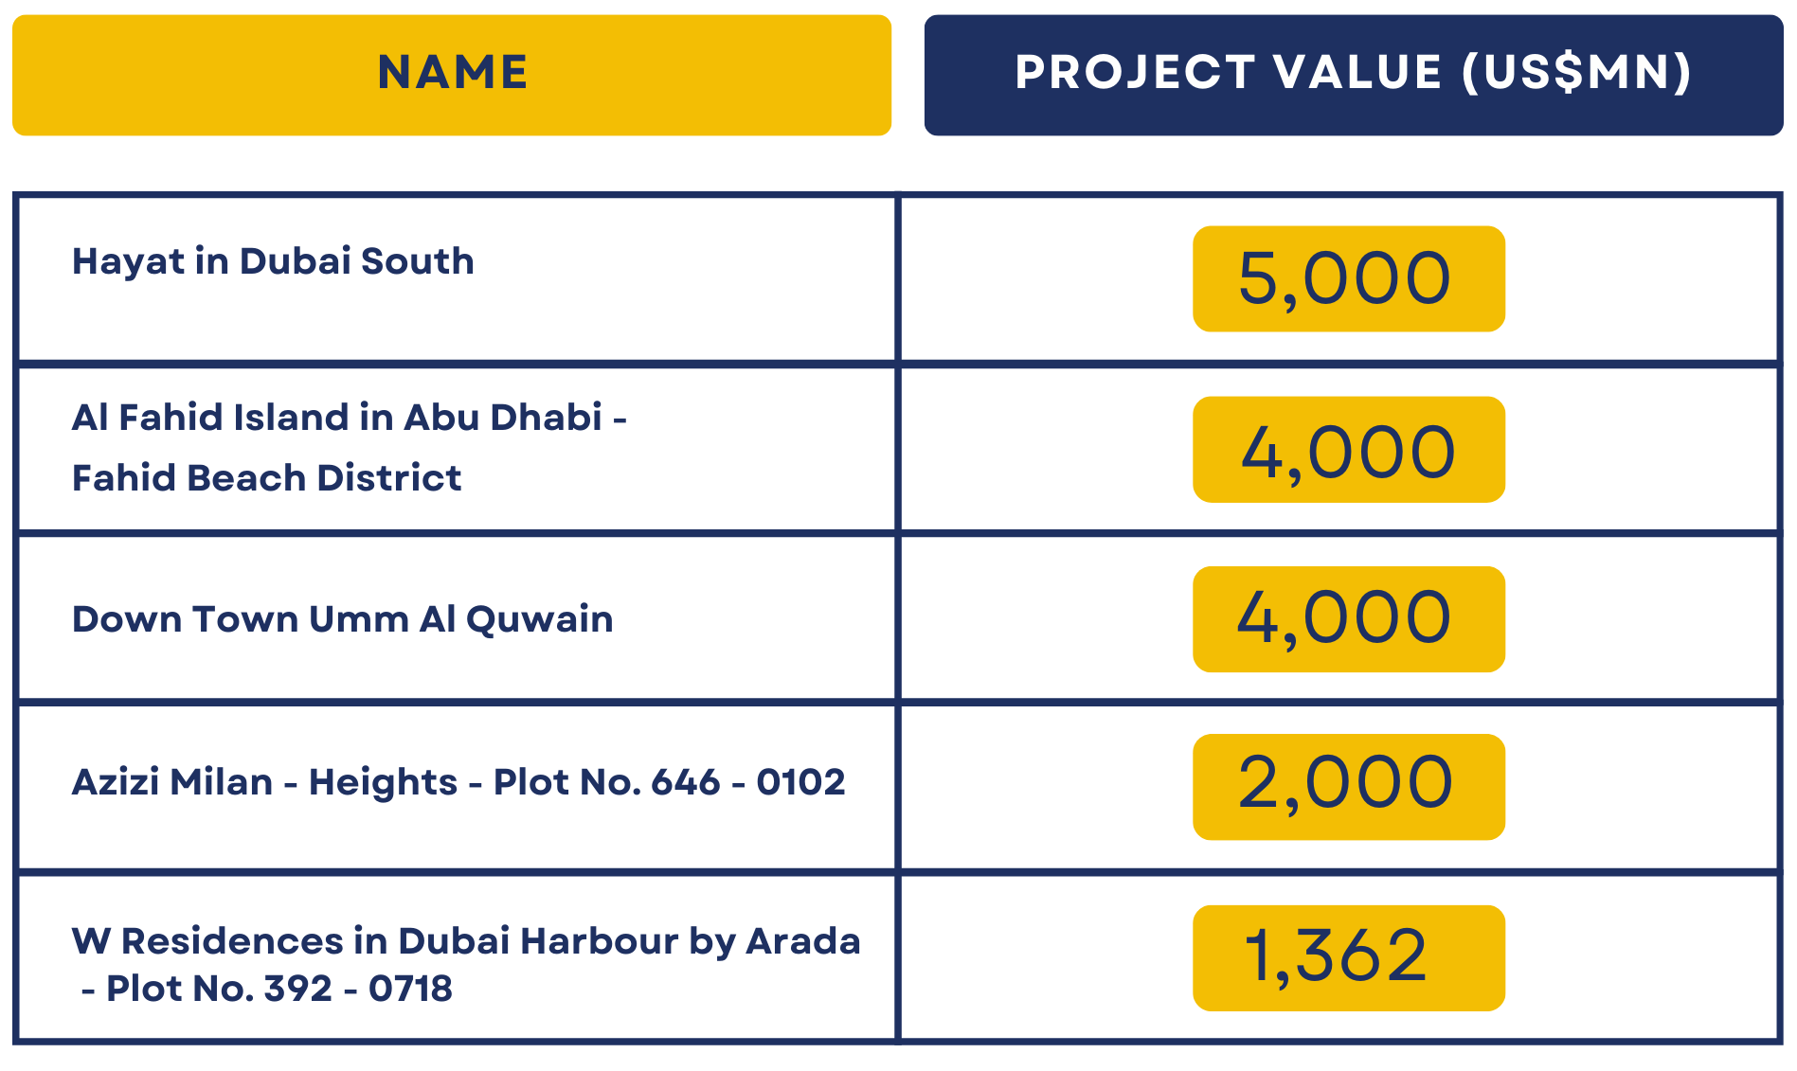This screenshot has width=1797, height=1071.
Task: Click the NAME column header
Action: tap(452, 73)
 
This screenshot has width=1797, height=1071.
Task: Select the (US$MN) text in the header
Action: tap(1576, 73)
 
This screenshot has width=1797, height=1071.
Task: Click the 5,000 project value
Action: tap(1345, 278)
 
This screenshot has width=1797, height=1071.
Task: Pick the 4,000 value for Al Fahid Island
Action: tap(1348, 452)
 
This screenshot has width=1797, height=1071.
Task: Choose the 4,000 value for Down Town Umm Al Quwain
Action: tap(1345, 618)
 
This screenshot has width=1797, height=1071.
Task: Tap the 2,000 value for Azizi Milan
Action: tap(1346, 784)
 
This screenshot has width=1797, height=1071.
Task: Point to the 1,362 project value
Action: tap(1336, 955)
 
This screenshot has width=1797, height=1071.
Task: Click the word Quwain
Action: tap(539, 620)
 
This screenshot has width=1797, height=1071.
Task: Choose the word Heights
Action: tap(383, 783)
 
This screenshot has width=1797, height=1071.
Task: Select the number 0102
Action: tap(800, 782)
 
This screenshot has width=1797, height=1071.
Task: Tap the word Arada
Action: tap(803, 941)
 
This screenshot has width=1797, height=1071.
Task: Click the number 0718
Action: tap(410, 989)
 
